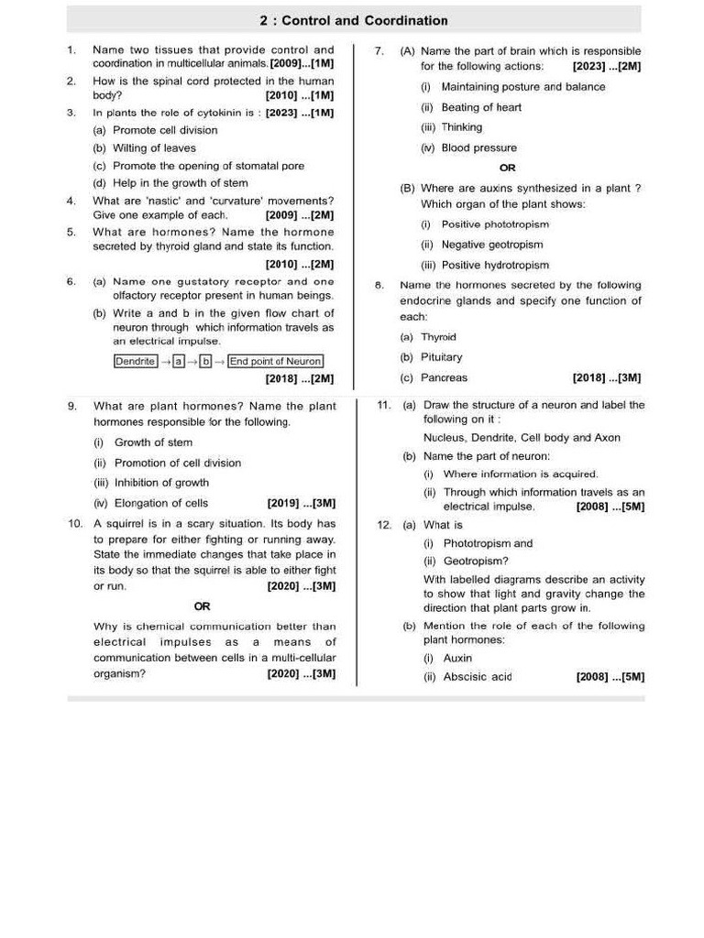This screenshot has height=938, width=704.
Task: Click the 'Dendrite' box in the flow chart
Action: [136, 361]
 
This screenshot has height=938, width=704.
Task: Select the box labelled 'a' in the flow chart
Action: [180, 361]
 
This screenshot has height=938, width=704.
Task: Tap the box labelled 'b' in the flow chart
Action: [206, 361]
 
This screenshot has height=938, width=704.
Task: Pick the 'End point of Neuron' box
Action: [275, 361]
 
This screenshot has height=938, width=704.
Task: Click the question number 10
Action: [75, 523]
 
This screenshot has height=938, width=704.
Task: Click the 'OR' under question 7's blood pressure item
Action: [507, 168]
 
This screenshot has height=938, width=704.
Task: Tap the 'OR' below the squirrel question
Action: [203, 606]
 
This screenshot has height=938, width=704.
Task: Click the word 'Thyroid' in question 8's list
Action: [438, 337]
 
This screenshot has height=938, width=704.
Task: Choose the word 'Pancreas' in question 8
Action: [444, 377]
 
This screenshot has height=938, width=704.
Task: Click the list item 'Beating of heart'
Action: [481, 107]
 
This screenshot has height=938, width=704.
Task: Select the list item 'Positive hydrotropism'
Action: [495, 265]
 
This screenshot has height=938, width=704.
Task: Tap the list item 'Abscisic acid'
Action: [477, 677]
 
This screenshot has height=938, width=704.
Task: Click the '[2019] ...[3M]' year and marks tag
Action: [302, 503]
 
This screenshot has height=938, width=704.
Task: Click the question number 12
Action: [385, 525]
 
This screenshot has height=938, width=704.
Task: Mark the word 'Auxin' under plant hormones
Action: [457, 658]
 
